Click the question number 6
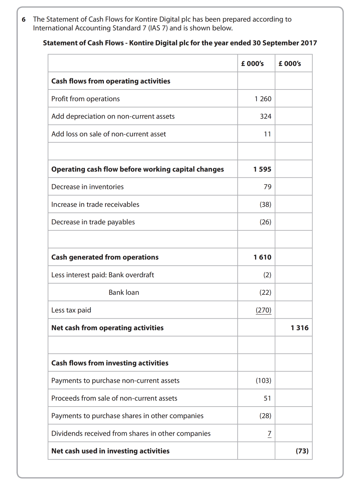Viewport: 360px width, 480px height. tap(24, 19)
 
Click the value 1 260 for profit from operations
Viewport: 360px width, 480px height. tap(263, 99)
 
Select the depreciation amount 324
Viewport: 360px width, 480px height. tap(265, 116)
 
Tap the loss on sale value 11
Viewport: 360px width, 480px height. tap(267, 134)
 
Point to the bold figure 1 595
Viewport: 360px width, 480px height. tap(262, 169)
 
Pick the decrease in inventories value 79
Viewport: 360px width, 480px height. tap(267, 187)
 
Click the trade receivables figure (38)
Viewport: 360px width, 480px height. tap(265, 205)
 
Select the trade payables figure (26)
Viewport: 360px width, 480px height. tap(265, 222)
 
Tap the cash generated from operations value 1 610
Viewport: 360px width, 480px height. tap(262, 257)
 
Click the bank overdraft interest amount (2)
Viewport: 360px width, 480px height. tap(267, 275)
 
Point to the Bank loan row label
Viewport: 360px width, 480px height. tap(124, 293)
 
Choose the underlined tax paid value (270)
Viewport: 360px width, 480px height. tap(263, 310)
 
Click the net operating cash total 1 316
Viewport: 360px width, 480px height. tap(299, 328)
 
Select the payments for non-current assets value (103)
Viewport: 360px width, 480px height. tap(263, 380)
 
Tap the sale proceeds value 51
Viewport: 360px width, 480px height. tap(267, 398)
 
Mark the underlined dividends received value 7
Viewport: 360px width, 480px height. tap(269, 433)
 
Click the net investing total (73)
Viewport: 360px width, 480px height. tap(302, 451)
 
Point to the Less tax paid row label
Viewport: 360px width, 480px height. tap(71, 310)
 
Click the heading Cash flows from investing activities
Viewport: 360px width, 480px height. tap(110, 363)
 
